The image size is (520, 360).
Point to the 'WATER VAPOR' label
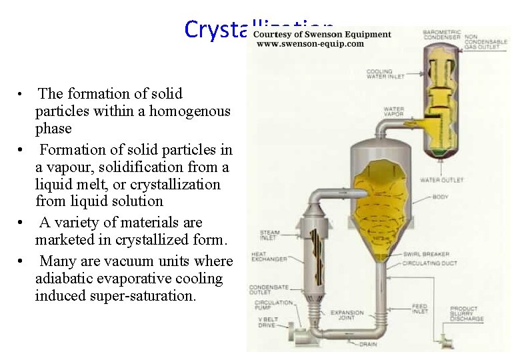pos(393,113)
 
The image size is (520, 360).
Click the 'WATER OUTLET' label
pos(441,180)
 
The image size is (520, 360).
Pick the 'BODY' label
pos(441,197)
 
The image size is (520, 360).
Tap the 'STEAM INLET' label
pos(269,235)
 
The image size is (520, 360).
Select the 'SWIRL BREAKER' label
pos(426,254)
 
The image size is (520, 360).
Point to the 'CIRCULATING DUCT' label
pos(429,263)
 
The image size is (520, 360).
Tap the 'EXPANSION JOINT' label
pos(347,315)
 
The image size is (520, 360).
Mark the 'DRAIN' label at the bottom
pos(368,344)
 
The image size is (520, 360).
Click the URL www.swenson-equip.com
pos(310,44)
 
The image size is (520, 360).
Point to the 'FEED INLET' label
pos(420,309)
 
